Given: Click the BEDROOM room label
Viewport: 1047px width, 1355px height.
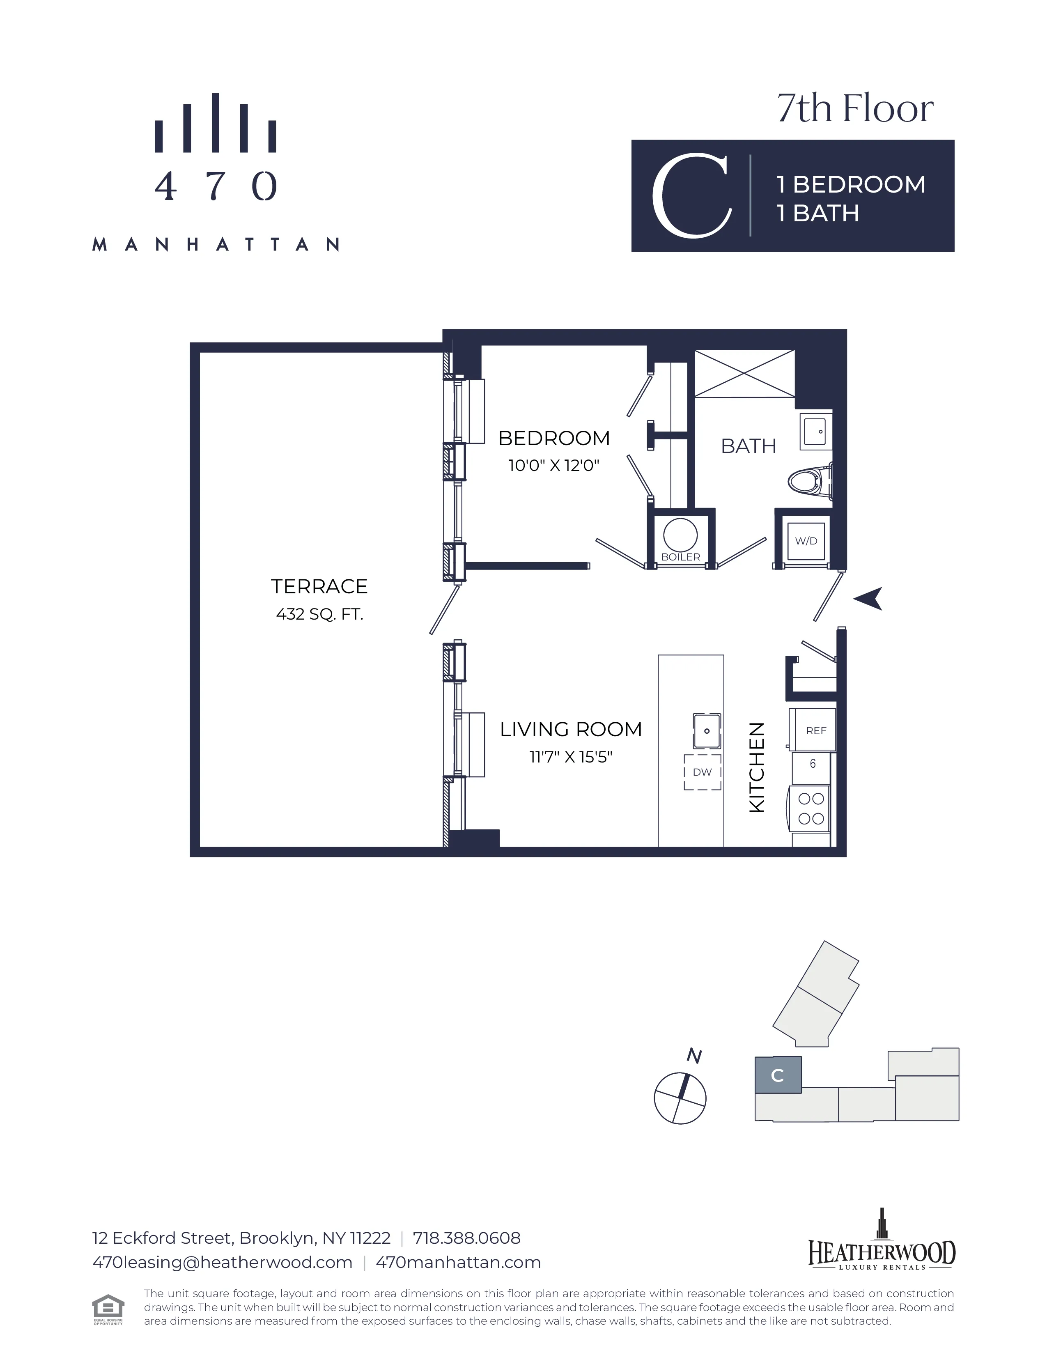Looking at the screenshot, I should [554, 438].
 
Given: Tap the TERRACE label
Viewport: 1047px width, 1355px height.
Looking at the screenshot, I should [319, 586].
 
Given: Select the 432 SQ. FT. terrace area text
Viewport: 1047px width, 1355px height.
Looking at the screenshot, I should [319, 614].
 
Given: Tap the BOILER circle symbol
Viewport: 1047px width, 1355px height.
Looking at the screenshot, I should [680, 534].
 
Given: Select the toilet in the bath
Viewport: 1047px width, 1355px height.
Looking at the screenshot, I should [808, 481].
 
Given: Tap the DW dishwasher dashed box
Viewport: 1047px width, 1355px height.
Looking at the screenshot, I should [702, 772].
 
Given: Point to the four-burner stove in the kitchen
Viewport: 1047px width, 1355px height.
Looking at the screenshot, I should [811, 808].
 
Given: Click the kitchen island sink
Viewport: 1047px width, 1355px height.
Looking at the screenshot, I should [707, 731].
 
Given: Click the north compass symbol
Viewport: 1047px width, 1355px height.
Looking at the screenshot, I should [680, 1098].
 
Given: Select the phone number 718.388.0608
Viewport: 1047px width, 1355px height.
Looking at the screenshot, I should [466, 1238].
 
